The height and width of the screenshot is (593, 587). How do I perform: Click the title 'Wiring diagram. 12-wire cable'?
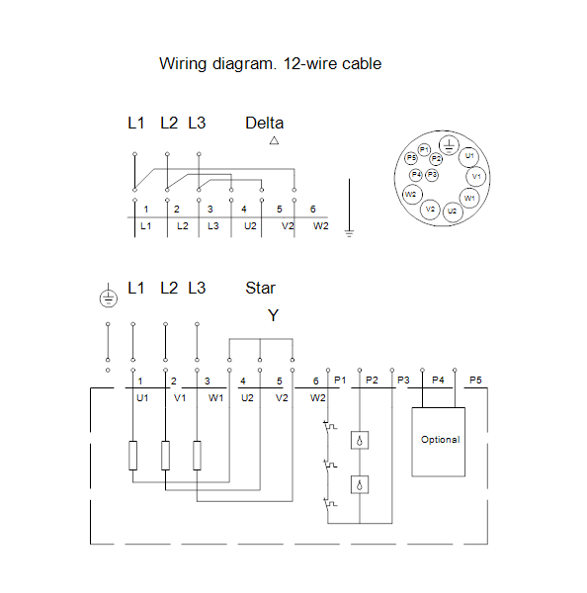270,64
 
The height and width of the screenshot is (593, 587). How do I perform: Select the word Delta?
265,123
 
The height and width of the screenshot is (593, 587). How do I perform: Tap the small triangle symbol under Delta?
274,140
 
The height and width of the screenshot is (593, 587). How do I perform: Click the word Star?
260,288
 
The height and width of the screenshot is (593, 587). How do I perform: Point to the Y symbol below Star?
273,315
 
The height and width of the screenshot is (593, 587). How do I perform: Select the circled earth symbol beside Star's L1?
109,298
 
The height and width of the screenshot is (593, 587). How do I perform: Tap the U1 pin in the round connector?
469,156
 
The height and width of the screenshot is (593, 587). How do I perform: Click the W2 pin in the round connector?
411,195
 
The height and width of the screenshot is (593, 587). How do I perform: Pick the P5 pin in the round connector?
411,158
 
